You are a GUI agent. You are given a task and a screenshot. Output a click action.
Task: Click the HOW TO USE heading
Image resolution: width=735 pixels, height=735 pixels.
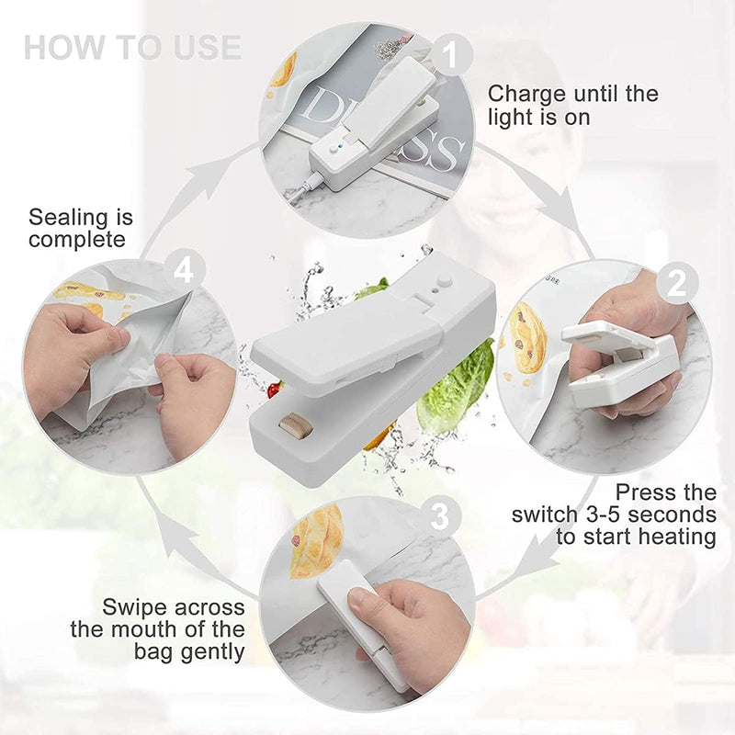coord(132,47)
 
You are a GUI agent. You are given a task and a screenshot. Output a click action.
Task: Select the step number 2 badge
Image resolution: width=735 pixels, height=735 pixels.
coord(676,284)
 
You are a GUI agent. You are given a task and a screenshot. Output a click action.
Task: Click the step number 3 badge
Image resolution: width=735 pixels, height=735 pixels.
coord(440,517)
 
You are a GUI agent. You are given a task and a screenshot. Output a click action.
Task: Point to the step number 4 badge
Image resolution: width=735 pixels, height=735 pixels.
coord(187,270)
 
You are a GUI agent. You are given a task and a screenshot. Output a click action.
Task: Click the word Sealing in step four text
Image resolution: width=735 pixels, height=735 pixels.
coord(67,219)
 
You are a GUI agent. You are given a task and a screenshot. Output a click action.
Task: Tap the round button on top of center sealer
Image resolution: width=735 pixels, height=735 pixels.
coord(447,276)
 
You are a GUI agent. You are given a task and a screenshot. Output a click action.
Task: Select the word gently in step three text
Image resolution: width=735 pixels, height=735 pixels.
coord(212,652)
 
